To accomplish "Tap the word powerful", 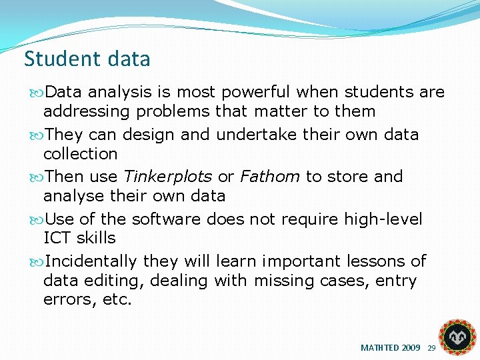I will point(257,92).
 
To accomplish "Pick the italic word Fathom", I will point(270,177).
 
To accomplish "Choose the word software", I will point(167,219).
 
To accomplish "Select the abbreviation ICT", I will point(57,238).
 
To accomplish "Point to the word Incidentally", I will point(91,261).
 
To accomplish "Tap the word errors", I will point(70,299).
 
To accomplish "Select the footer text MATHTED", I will point(380,348).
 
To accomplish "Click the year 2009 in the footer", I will point(411,348).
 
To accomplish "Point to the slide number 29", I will point(431,348).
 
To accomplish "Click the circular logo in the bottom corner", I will point(457,336).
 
